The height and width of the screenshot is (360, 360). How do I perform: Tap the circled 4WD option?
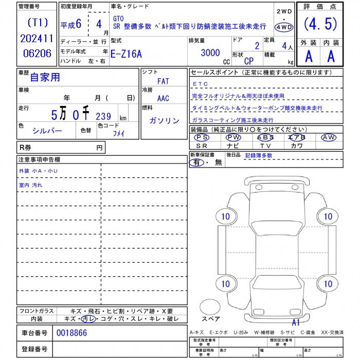283,27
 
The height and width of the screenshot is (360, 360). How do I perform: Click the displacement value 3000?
210,52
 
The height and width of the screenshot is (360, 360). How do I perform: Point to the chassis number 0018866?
71,333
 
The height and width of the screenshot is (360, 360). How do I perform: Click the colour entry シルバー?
47,130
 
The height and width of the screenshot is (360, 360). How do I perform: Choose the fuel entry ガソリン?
164,120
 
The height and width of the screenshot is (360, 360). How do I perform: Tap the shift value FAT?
163,81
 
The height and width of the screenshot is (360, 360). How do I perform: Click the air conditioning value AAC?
163,98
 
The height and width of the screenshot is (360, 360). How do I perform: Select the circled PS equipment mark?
202,137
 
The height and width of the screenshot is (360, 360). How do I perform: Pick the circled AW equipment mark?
328,137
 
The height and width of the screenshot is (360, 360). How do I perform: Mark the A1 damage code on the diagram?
296,322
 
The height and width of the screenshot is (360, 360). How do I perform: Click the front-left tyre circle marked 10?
225,217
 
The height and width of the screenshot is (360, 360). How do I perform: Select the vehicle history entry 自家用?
45,77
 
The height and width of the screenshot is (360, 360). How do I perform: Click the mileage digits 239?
103,117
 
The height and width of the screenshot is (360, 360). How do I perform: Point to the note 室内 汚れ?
31,185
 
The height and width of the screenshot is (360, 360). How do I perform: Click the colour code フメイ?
119,133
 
